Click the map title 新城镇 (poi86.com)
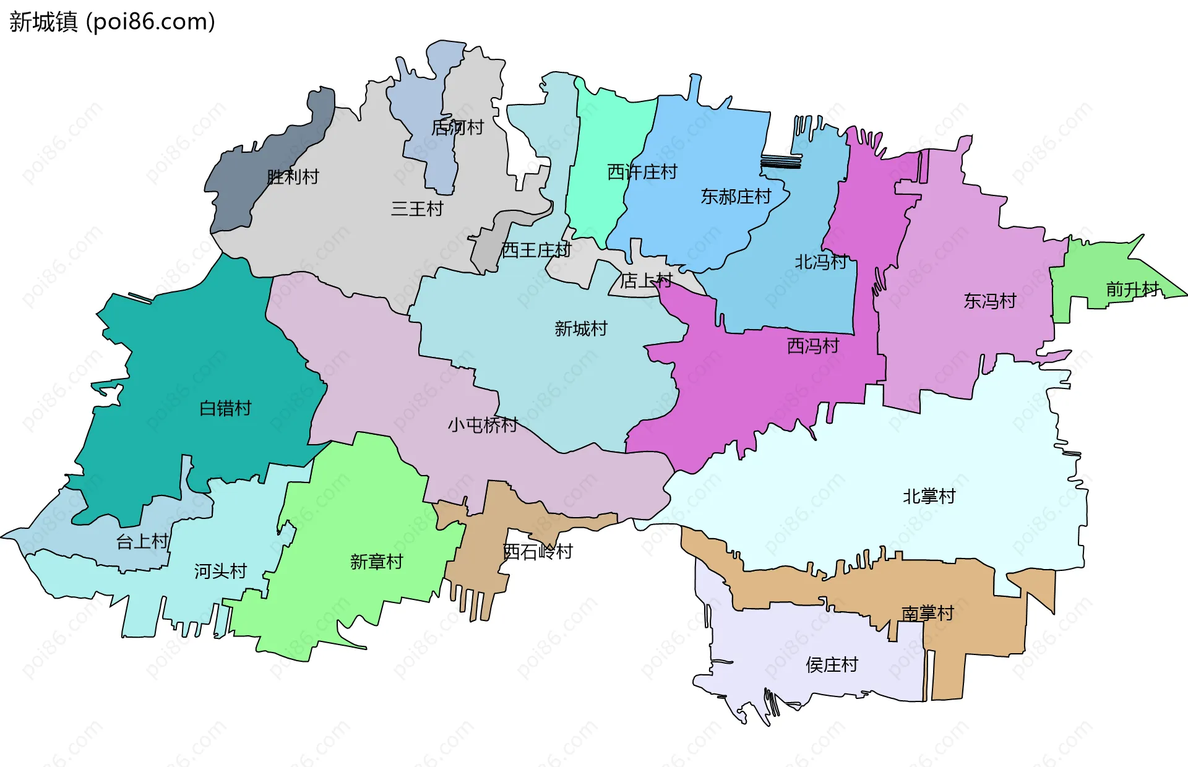pos(112,22)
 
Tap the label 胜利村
pos(293,177)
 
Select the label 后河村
pos(457,127)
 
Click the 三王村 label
pos(417,209)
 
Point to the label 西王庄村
pos(536,250)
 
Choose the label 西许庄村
pos(642,172)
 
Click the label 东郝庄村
pos(736,197)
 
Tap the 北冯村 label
pos(820,262)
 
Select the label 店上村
pos(646,281)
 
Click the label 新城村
pos(581,328)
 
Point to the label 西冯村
pos(813,346)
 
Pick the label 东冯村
pos(990,301)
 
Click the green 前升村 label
pos(1132,289)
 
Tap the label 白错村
pos(225,408)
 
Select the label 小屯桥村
pos(483,425)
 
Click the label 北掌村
pos(929,496)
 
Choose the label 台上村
pos(142,542)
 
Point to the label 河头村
pos(220,571)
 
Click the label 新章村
pos(376,562)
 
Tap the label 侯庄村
pos(832,665)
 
